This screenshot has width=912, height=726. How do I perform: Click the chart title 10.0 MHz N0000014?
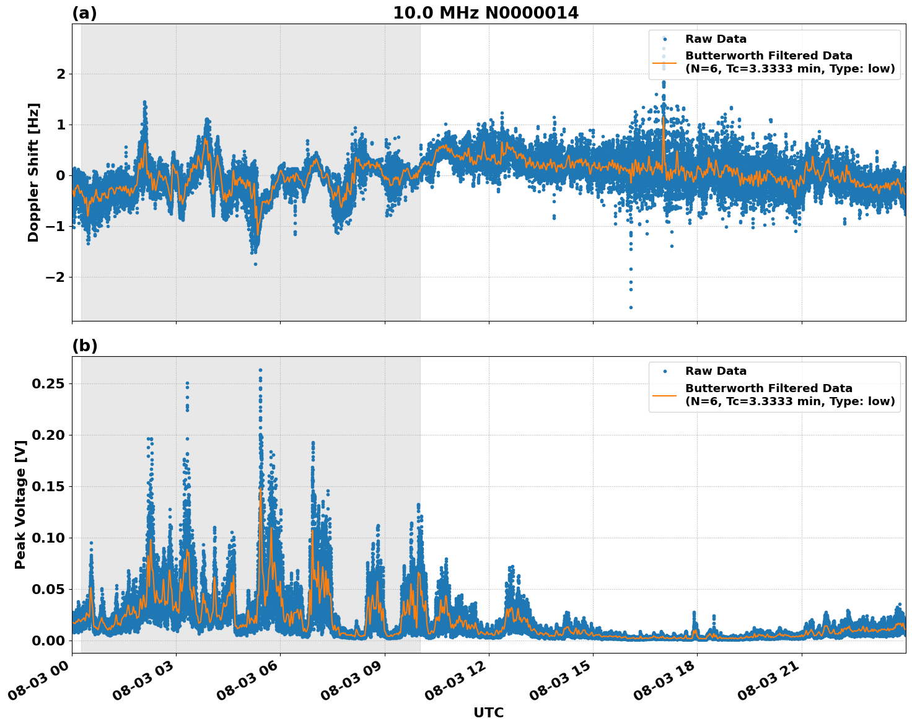[x=485, y=13]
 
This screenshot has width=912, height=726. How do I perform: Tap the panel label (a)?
[x=84, y=13]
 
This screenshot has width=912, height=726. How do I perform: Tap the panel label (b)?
[x=84, y=346]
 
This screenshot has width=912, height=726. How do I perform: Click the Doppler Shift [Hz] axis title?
[x=33, y=172]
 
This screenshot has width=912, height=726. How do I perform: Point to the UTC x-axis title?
[x=488, y=712]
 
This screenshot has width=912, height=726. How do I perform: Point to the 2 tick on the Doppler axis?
[x=61, y=74]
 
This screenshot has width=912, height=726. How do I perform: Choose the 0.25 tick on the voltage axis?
[x=48, y=383]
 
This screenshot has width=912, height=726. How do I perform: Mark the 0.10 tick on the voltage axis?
[x=48, y=538]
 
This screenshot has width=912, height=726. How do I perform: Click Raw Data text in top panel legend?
[x=716, y=39]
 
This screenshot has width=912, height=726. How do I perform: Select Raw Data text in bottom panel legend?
[x=716, y=371]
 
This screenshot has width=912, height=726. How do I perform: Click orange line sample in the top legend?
[x=664, y=62]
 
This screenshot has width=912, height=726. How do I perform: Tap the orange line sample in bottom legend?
[x=664, y=395]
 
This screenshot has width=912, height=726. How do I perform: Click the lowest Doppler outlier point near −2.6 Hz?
[x=631, y=307]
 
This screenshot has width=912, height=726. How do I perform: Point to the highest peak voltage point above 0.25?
[x=260, y=370]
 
